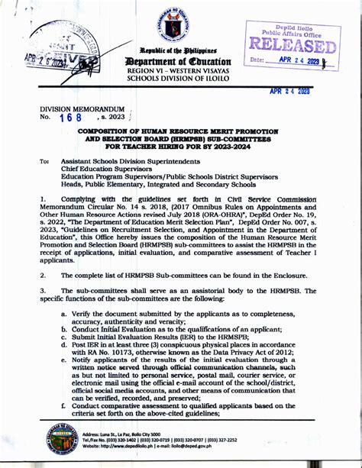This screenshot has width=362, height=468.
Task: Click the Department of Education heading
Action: pyautogui.click(x=182, y=61)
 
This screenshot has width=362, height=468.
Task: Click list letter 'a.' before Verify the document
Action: pyautogui.click(x=64, y=314)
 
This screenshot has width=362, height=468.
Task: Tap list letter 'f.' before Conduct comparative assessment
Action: pyautogui.click(x=64, y=405)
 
